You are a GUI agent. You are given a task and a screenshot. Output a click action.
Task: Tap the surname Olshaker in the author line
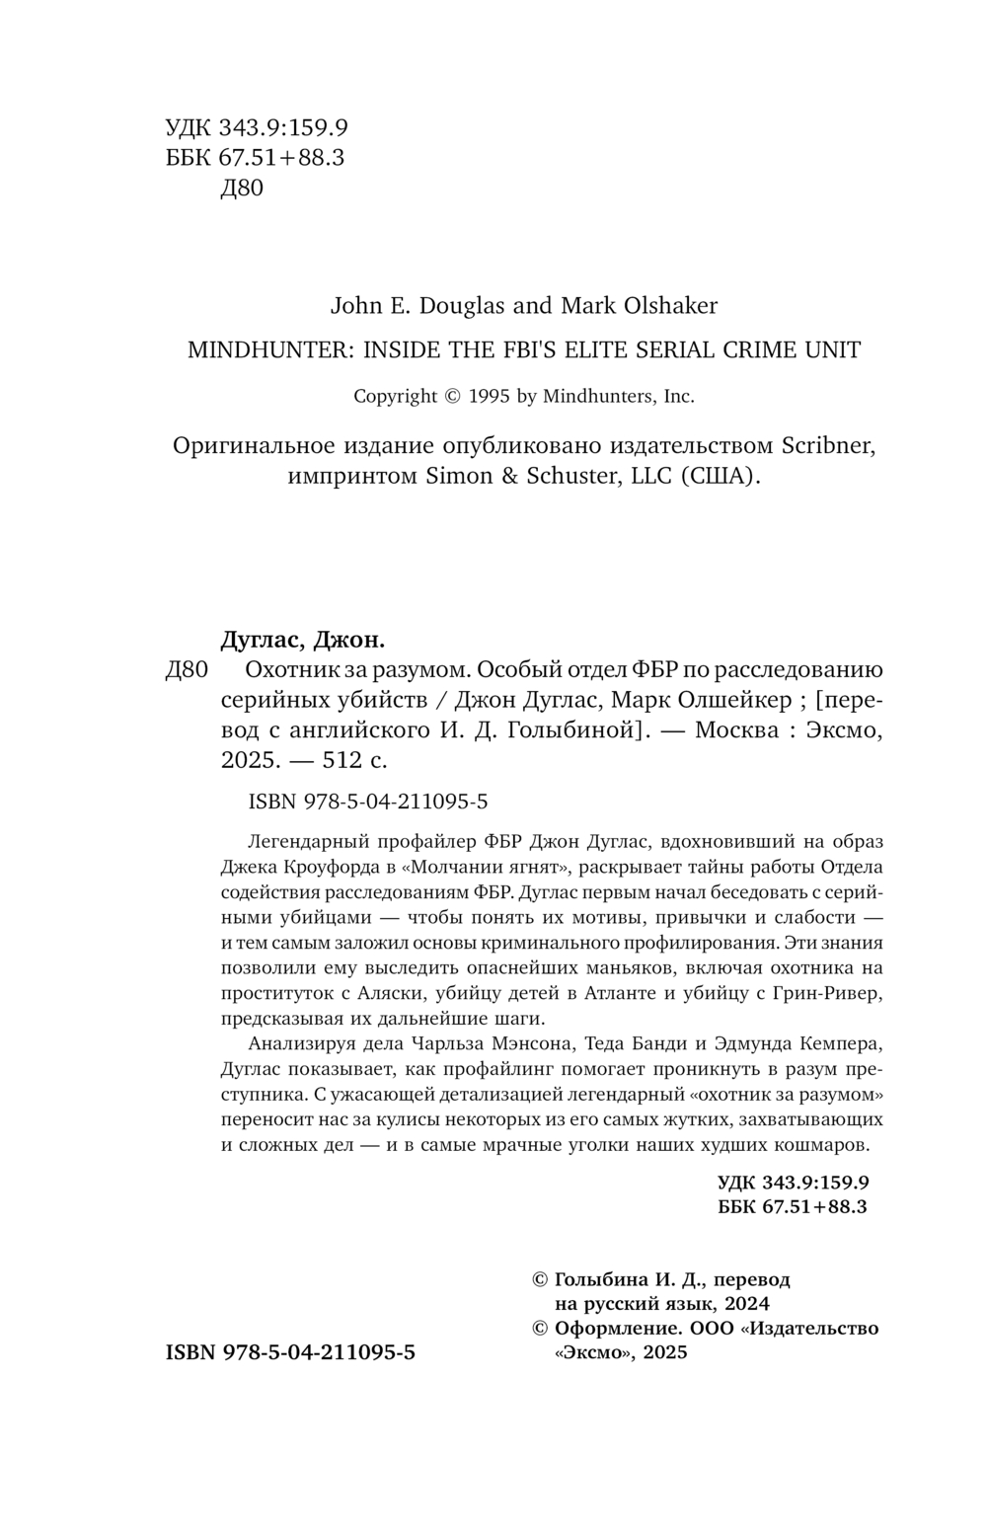click(x=670, y=305)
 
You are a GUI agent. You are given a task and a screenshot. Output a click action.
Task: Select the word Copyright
click(x=395, y=396)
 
